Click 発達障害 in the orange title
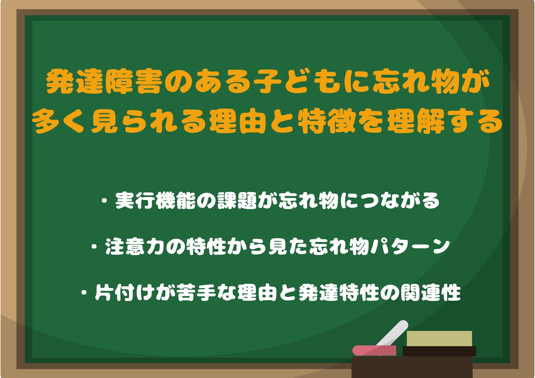pos(104,81)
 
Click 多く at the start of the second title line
pos(60,121)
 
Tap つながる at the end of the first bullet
pos(400,201)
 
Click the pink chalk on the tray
pos(374,350)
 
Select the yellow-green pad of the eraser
pos(439,339)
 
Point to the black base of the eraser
pos(439,351)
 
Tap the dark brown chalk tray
pos(412,367)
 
